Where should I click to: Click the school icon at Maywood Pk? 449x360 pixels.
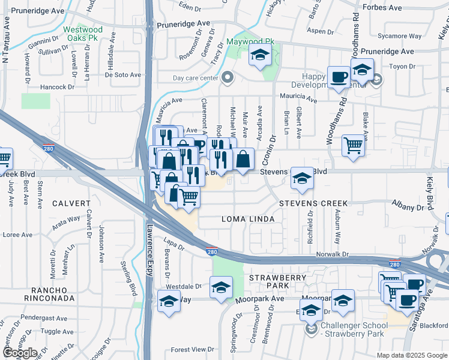(260, 56)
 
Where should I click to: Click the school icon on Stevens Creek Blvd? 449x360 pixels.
(302, 178)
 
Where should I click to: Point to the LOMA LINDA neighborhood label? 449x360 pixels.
(249, 219)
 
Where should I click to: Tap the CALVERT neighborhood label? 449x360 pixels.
(71, 203)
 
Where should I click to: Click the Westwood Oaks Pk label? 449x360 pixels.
(83, 34)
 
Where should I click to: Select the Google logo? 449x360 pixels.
(20, 353)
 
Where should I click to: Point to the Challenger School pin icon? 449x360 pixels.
(311, 329)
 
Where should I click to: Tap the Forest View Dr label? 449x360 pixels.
(192, 349)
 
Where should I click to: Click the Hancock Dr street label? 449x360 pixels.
(56, 87)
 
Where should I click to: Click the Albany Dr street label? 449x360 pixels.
(408, 208)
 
